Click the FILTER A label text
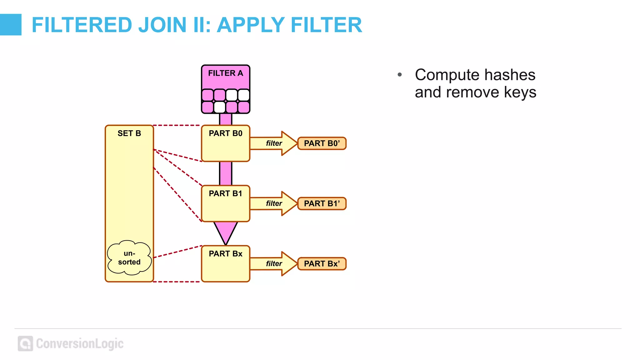[225, 73]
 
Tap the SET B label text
[129, 133]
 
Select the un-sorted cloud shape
[129, 258]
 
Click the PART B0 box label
[225, 133]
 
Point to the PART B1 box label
[225, 194]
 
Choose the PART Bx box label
[225, 254]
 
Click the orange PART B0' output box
[322, 143]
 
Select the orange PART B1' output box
[322, 204]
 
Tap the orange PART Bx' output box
[322, 264]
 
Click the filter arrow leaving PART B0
[274, 143]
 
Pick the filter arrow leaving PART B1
[274, 204]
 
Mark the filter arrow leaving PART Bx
[274, 264]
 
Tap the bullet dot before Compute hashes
[399, 75]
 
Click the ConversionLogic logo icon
[25, 343]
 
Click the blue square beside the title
[11, 25]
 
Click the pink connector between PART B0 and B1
[226, 173]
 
